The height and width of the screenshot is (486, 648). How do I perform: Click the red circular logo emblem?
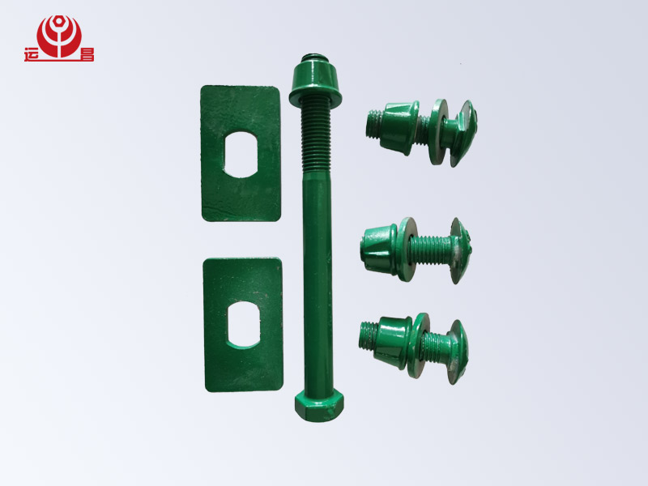(59, 36)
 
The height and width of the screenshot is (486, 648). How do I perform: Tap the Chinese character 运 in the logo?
(31, 54)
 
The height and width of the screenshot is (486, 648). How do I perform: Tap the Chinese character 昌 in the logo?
(87, 54)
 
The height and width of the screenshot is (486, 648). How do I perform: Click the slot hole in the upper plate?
(241, 154)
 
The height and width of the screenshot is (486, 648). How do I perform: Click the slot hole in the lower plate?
(244, 325)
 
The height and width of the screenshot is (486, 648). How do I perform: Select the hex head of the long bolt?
(319, 404)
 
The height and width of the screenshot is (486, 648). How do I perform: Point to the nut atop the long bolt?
(315, 82)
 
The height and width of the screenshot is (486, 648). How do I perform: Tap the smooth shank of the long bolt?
(318, 281)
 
